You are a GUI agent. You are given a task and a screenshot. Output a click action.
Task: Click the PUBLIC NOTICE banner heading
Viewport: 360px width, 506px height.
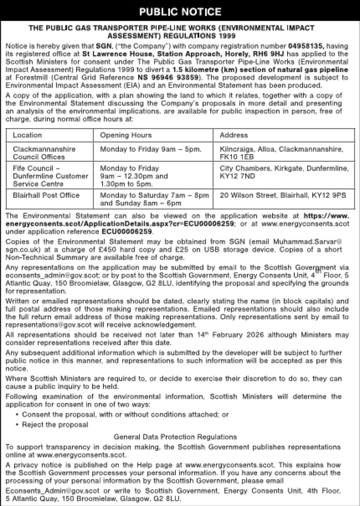coord(180,12)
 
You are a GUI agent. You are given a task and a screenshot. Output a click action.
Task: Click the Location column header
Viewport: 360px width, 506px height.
coord(27,135)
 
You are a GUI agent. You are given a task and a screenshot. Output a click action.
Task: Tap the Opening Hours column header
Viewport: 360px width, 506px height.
coord(126,135)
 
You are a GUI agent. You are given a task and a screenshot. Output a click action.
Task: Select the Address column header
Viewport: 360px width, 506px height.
coord(234,135)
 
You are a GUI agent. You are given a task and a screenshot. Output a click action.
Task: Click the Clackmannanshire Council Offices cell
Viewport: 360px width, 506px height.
coord(44,153)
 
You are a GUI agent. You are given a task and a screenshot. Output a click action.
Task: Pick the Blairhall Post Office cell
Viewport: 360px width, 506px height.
coord(46,195)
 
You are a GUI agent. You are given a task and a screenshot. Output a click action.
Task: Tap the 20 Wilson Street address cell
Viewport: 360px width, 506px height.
coord(283,195)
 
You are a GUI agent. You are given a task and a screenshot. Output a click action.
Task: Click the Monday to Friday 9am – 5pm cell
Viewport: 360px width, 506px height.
coord(151,149)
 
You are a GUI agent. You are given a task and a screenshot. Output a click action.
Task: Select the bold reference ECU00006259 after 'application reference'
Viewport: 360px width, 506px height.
coord(127,232)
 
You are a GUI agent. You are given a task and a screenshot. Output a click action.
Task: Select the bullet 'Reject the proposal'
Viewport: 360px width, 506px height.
coord(55,425)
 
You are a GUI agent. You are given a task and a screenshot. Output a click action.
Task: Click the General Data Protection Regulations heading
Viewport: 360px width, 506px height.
coord(175,437)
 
